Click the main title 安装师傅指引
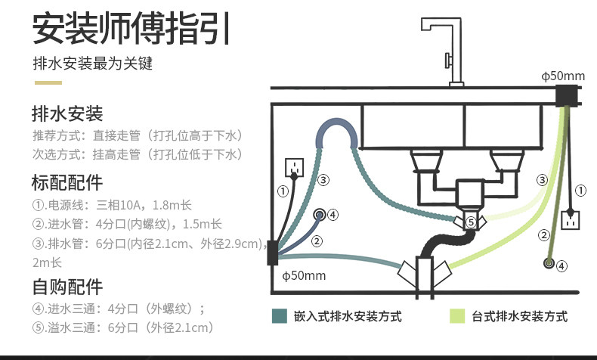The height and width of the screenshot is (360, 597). click(x=131, y=29)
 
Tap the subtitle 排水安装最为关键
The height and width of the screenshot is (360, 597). click(x=92, y=64)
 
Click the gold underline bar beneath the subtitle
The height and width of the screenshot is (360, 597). click(x=48, y=82)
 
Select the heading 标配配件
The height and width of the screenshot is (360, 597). click(x=67, y=182)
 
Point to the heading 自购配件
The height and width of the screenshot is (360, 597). click(x=67, y=287)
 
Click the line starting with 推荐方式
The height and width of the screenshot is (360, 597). click(x=138, y=135)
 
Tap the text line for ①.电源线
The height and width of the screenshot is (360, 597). click(x=112, y=205)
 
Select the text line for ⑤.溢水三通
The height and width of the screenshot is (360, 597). click(x=123, y=327)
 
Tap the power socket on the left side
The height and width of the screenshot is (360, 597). click(x=294, y=168)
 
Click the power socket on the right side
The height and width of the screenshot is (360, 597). click(x=570, y=220)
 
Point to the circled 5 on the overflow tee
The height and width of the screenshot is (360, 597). click(x=471, y=222)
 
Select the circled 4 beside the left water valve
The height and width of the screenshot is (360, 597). click(x=333, y=215)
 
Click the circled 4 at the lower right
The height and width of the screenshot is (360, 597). click(x=562, y=265)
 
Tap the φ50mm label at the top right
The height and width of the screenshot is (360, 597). click(x=563, y=76)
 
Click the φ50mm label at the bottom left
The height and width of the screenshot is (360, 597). click(x=304, y=275)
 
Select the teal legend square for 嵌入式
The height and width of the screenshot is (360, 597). click(x=279, y=316)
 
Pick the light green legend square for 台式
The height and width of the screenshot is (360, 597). click(x=457, y=316)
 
